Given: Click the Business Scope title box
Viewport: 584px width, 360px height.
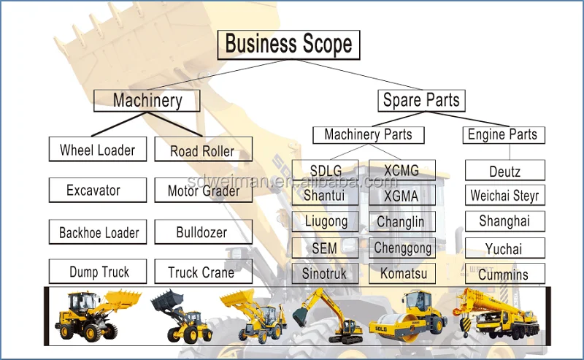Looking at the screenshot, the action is tap(288, 44).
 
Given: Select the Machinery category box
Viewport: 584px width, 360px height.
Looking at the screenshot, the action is tap(147, 100).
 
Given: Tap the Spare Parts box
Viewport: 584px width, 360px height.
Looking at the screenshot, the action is tap(421, 100).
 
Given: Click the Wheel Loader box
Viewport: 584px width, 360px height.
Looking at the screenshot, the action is tap(97, 150).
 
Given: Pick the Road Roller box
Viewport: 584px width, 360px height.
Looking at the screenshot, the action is tap(203, 151).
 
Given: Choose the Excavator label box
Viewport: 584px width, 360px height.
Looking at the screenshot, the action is tap(93, 191).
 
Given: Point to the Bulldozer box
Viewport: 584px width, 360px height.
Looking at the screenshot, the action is tap(201, 233).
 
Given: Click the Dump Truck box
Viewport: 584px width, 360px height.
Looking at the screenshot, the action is tap(99, 272).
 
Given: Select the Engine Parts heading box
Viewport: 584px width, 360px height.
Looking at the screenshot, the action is tap(502, 134).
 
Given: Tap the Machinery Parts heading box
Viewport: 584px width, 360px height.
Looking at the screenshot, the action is tap(368, 134).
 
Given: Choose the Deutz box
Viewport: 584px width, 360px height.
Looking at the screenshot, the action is tap(504, 172).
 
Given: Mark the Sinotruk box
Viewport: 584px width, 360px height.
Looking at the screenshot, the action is tap(324, 274).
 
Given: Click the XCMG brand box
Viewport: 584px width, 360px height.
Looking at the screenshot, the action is tap(401, 171).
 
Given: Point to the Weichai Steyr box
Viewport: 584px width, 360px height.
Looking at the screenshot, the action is tap(504, 196).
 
